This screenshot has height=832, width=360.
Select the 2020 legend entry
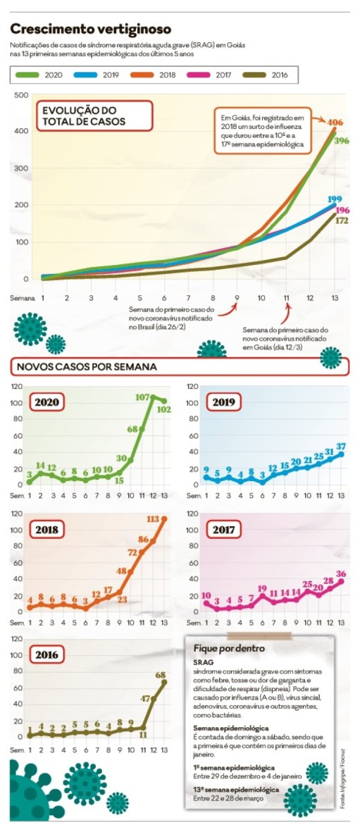[x=45, y=73]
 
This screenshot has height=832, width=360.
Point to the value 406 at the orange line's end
[x=335, y=123]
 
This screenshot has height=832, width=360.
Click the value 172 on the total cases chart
[x=342, y=221]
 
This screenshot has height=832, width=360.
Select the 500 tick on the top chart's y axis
[x=21, y=95]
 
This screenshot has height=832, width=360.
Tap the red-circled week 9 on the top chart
[x=237, y=297]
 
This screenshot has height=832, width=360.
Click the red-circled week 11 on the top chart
[x=286, y=297]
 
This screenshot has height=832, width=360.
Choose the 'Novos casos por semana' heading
[x=87, y=367]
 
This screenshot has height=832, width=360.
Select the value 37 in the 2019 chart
[x=341, y=447]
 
